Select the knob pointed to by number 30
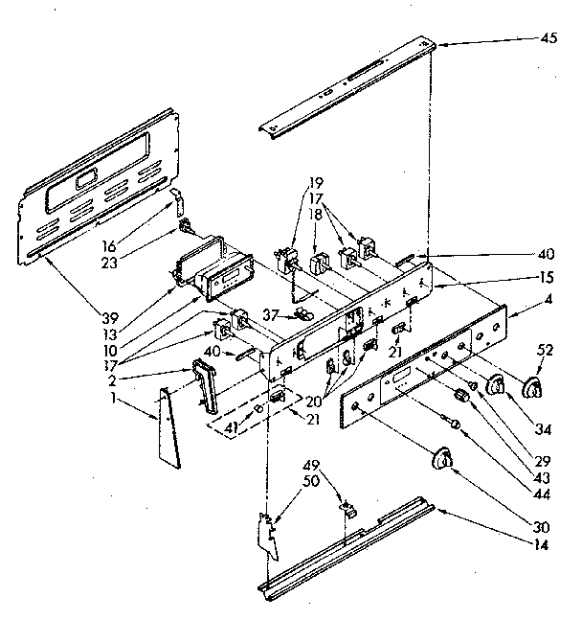441,458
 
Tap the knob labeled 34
495,385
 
